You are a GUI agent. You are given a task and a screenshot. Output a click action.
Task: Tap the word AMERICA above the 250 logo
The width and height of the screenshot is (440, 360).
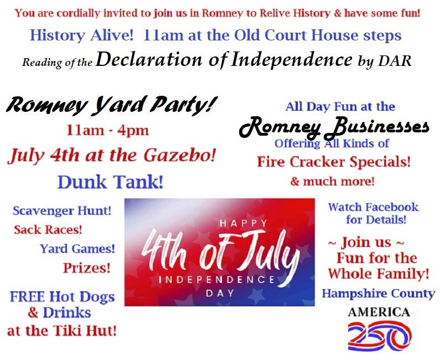[379, 312]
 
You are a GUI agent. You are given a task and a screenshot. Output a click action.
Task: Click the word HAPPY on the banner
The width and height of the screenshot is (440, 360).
[244, 223]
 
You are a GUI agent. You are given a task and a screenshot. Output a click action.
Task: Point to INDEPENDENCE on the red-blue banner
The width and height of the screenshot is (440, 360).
[217, 280]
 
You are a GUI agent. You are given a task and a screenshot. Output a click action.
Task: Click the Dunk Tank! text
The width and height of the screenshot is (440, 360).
[110, 182]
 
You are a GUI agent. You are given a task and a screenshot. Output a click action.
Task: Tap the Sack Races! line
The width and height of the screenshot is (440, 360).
[48, 230]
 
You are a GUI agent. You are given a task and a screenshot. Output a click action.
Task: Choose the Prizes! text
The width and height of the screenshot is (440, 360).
[87, 268]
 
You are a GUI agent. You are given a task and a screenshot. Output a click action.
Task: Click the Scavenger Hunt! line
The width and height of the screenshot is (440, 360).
[62, 210]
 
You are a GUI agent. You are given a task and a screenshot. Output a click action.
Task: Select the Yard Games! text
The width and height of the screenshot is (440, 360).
[77, 249]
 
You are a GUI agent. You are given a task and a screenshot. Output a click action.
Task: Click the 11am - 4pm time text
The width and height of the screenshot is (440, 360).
[107, 131]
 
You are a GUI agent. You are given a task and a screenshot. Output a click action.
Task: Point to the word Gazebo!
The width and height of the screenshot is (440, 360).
[179, 156]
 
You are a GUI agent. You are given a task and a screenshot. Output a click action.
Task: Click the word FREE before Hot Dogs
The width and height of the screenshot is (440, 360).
[27, 297]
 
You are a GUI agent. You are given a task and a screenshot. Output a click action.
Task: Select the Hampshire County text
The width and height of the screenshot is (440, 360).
[378, 294]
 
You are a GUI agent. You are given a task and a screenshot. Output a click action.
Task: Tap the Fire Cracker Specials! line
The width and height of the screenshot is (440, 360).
[334, 162]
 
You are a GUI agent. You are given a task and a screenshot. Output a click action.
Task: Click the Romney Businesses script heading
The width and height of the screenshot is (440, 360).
[334, 128]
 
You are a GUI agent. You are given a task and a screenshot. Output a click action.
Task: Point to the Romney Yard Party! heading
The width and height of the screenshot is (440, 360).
[112, 105]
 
